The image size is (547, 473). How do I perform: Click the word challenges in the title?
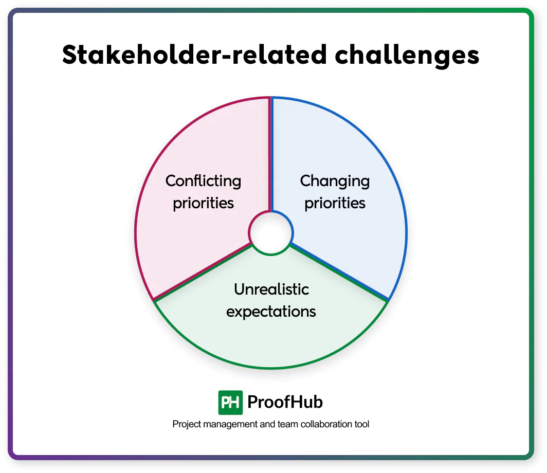pos(407,56)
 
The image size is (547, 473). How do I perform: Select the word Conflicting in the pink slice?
pos(203,181)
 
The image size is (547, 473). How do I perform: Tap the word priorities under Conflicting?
pos(203,203)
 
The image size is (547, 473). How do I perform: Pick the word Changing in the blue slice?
pos(335,181)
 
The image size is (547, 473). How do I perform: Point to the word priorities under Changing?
pos(335,203)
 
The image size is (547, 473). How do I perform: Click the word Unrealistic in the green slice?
pos(271,289)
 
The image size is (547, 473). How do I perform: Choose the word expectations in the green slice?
pos(271,312)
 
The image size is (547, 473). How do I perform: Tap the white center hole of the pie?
pos(271,233)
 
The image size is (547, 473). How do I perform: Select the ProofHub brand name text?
pos(285,402)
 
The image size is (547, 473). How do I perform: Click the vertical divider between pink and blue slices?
pos(271,154)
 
